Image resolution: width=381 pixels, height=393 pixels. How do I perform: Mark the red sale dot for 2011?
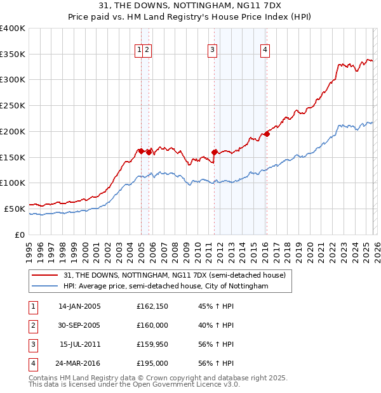coord(215,152)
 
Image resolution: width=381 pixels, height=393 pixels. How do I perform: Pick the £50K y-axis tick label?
coord(15,209)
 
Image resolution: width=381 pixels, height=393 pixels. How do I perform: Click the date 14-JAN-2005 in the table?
coord(79,306)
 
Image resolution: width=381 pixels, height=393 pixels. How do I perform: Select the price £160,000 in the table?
coord(152,325)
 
